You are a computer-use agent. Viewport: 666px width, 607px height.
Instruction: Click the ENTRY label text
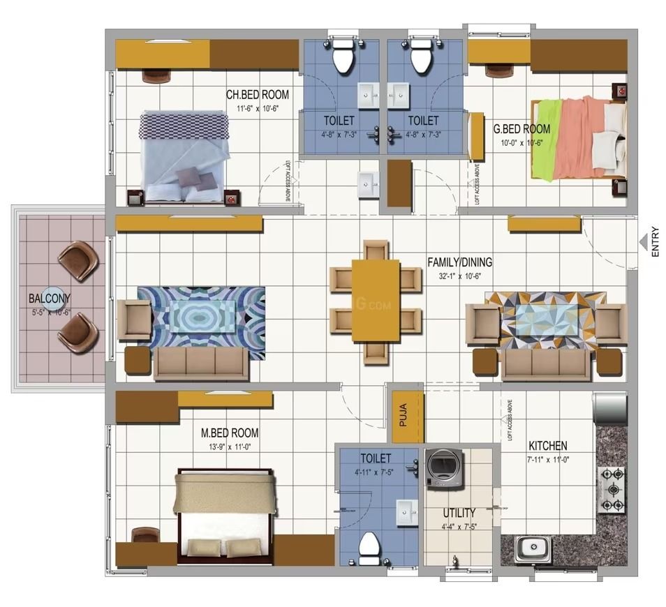655,242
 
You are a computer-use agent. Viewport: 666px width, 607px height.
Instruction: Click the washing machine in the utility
443,467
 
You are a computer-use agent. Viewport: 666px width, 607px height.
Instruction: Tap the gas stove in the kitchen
611,489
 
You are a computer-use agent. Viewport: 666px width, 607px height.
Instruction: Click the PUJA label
404,418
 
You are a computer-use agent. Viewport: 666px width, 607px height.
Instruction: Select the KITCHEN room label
547,446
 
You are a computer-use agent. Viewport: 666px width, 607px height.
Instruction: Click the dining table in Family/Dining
376,300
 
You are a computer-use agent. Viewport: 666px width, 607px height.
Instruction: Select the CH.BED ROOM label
257,95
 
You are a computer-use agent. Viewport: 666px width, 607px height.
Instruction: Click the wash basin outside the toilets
368,186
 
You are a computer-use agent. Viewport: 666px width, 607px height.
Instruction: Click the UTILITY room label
459,512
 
